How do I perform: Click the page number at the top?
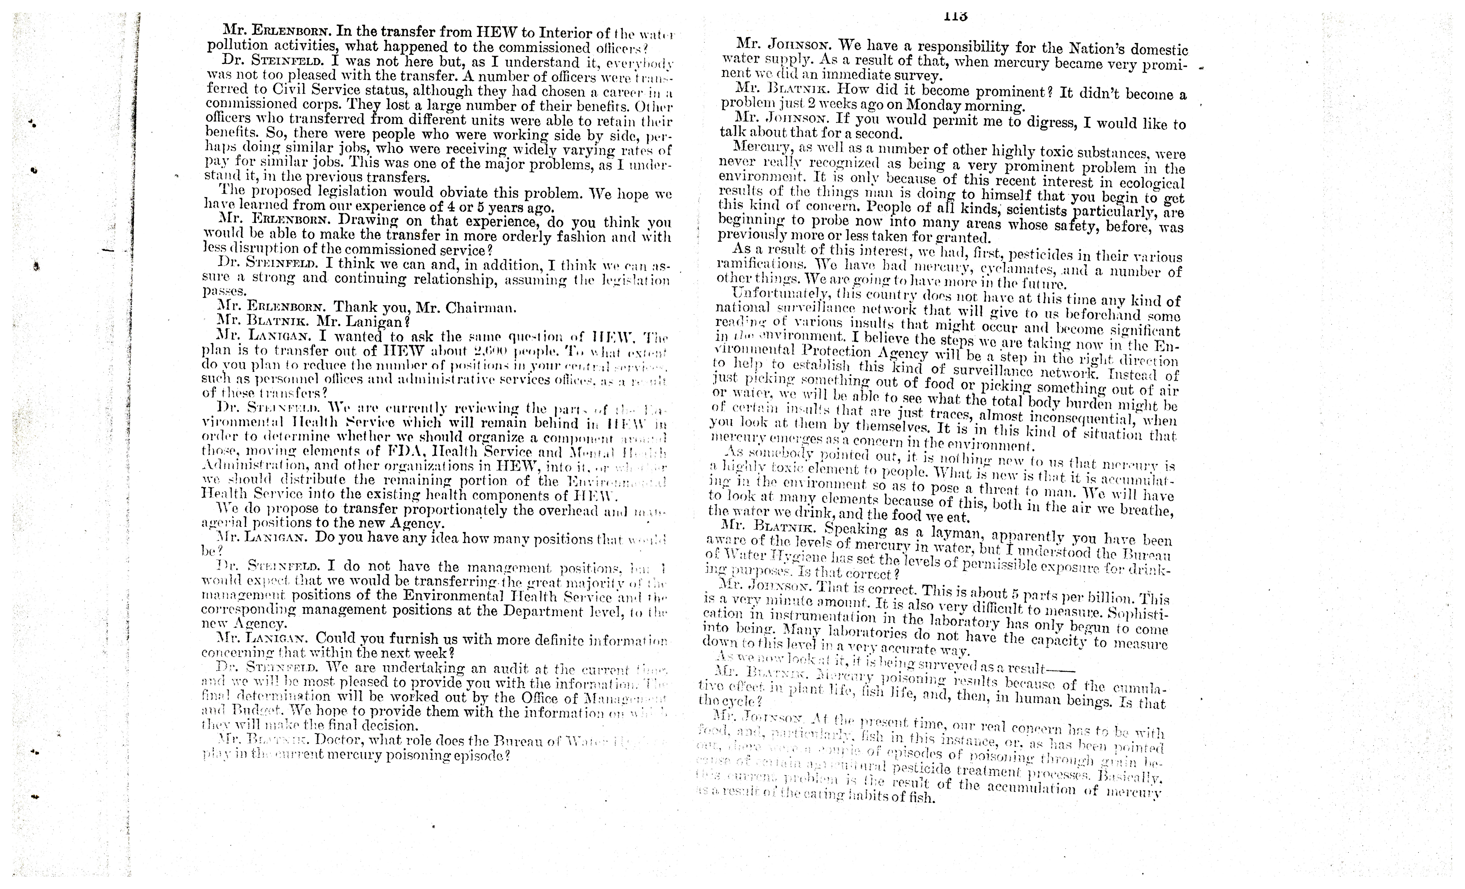955,17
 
